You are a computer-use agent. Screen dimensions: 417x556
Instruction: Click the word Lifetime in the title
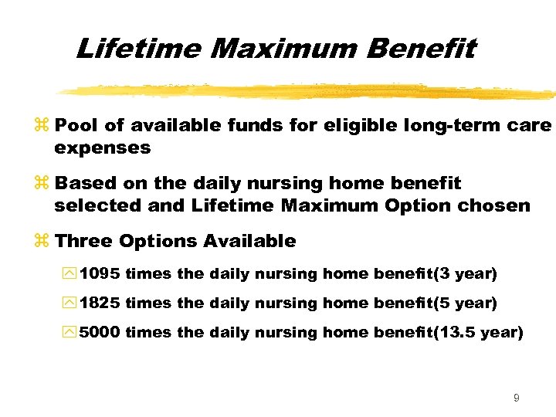click(x=139, y=49)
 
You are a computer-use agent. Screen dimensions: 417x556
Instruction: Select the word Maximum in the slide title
click(x=285, y=49)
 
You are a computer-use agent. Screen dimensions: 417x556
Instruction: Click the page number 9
click(x=516, y=398)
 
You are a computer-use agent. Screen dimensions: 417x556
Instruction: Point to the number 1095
click(x=100, y=273)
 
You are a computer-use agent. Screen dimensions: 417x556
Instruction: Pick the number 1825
click(x=100, y=303)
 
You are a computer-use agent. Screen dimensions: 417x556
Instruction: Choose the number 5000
click(x=100, y=332)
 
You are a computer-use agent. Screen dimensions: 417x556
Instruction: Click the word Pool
click(x=76, y=125)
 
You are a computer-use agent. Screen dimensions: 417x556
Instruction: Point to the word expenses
click(x=102, y=147)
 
